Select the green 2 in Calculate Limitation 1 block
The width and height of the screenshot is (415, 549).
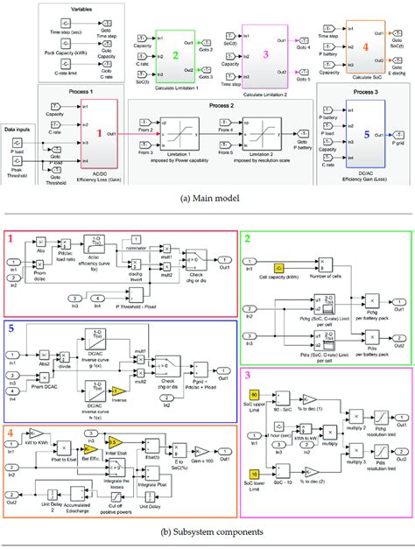pos(175,53)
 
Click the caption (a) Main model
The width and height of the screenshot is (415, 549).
pos(207,197)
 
